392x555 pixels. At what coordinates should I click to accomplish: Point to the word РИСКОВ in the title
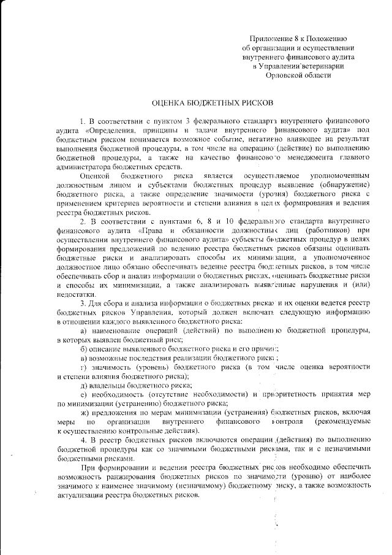(251, 104)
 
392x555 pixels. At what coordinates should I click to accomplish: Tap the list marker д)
(83, 385)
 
